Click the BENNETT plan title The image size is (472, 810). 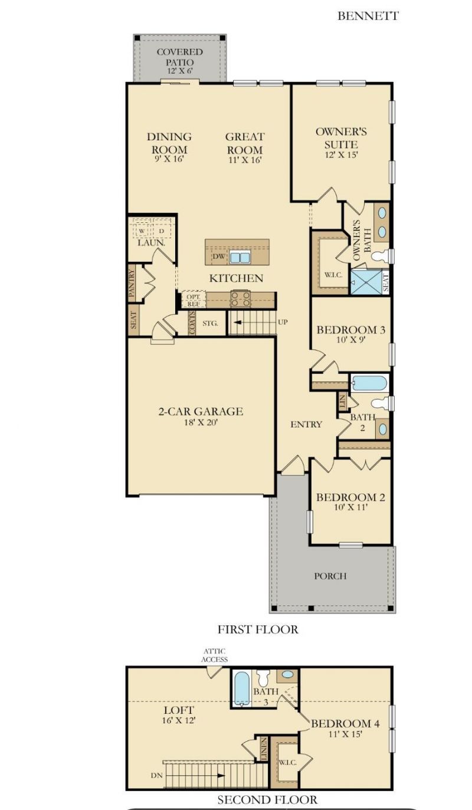[368, 16]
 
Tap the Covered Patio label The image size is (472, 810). [180, 57]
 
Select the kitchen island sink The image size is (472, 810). [240, 257]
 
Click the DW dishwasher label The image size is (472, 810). [219, 256]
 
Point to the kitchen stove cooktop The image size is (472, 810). [241, 299]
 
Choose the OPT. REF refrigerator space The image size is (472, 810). [194, 300]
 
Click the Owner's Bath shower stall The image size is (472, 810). [366, 283]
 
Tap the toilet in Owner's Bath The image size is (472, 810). [381, 256]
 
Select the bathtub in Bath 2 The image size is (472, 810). [370, 383]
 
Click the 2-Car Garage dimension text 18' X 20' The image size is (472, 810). [201, 422]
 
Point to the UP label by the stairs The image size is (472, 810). [283, 322]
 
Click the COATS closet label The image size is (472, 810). [192, 323]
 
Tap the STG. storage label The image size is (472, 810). [210, 323]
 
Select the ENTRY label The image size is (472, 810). [306, 424]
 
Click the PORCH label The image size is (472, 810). [330, 576]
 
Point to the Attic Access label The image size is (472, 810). [215, 655]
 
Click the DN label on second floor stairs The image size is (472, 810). [156, 776]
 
